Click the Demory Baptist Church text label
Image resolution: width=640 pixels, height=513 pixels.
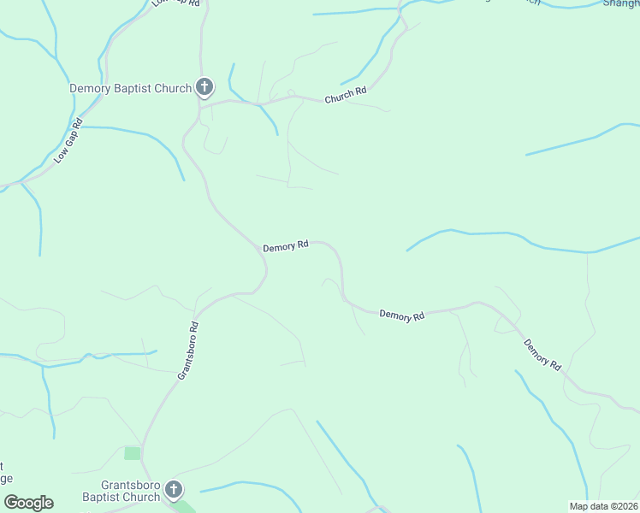(130, 88)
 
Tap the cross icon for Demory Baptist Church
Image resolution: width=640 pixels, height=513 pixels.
(204, 87)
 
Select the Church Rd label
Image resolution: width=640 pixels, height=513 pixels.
(345, 95)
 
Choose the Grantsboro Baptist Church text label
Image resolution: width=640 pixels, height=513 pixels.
(121, 491)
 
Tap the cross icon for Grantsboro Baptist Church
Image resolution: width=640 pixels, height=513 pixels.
(174, 490)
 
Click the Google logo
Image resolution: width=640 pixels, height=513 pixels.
(28, 503)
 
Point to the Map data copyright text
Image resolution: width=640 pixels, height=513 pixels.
(604, 505)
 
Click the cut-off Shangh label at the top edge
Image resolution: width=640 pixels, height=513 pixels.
(621, 3)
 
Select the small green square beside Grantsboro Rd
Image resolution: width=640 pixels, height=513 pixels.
(132, 453)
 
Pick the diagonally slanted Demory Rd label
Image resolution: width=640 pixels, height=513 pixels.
(542, 354)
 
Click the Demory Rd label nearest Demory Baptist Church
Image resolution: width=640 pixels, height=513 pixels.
(286, 246)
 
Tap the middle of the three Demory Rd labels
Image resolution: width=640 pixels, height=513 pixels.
(402, 315)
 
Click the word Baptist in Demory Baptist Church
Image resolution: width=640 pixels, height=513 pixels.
(133, 88)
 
